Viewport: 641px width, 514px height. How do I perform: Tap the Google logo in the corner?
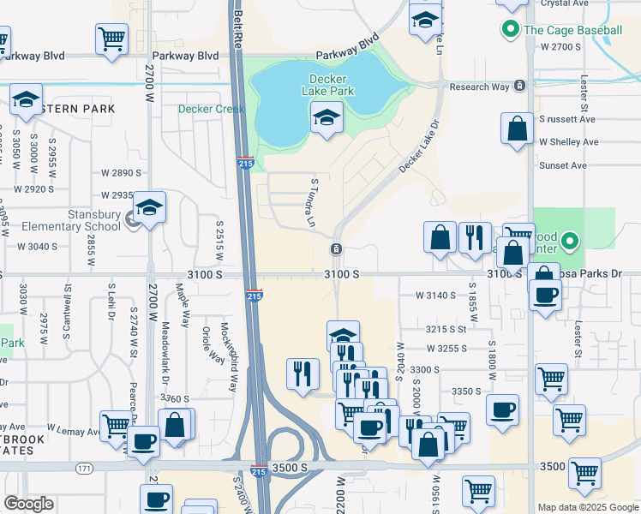point(28,504)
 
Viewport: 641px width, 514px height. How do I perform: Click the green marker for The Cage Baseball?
point(512,30)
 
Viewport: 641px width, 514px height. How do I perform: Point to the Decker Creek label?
point(212,109)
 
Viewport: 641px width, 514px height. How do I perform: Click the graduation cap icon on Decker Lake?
point(326,118)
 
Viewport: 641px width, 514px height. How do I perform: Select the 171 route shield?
point(83,468)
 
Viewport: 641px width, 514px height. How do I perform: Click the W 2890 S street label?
point(121,173)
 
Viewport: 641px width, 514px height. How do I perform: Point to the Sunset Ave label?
point(562,164)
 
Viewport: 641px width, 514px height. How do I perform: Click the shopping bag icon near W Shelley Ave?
point(518,130)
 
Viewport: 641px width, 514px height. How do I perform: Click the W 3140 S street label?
point(434,295)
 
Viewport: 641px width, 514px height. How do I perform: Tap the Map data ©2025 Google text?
point(587,507)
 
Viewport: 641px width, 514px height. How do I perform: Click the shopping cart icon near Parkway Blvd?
point(111,39)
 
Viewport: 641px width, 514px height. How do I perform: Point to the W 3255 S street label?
point(447,349)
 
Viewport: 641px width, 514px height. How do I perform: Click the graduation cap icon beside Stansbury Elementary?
point(150,208)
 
